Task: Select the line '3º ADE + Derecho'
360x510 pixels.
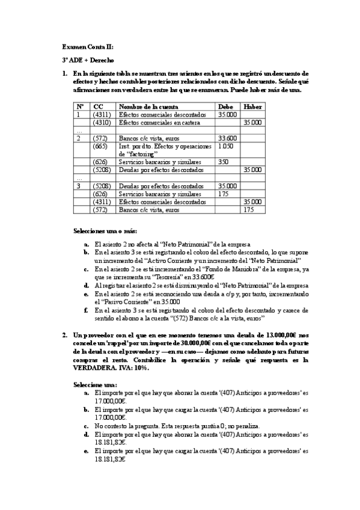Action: coord(88,60)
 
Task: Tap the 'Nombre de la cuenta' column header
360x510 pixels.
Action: coord(144,106)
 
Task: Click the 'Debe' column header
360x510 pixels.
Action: coord(225,106)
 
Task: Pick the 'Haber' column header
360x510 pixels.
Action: coord(252,106)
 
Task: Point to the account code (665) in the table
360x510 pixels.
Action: coord(101,146)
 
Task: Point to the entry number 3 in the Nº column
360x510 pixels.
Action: coord(78,186)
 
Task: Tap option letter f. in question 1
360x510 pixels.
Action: coord(87,310)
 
